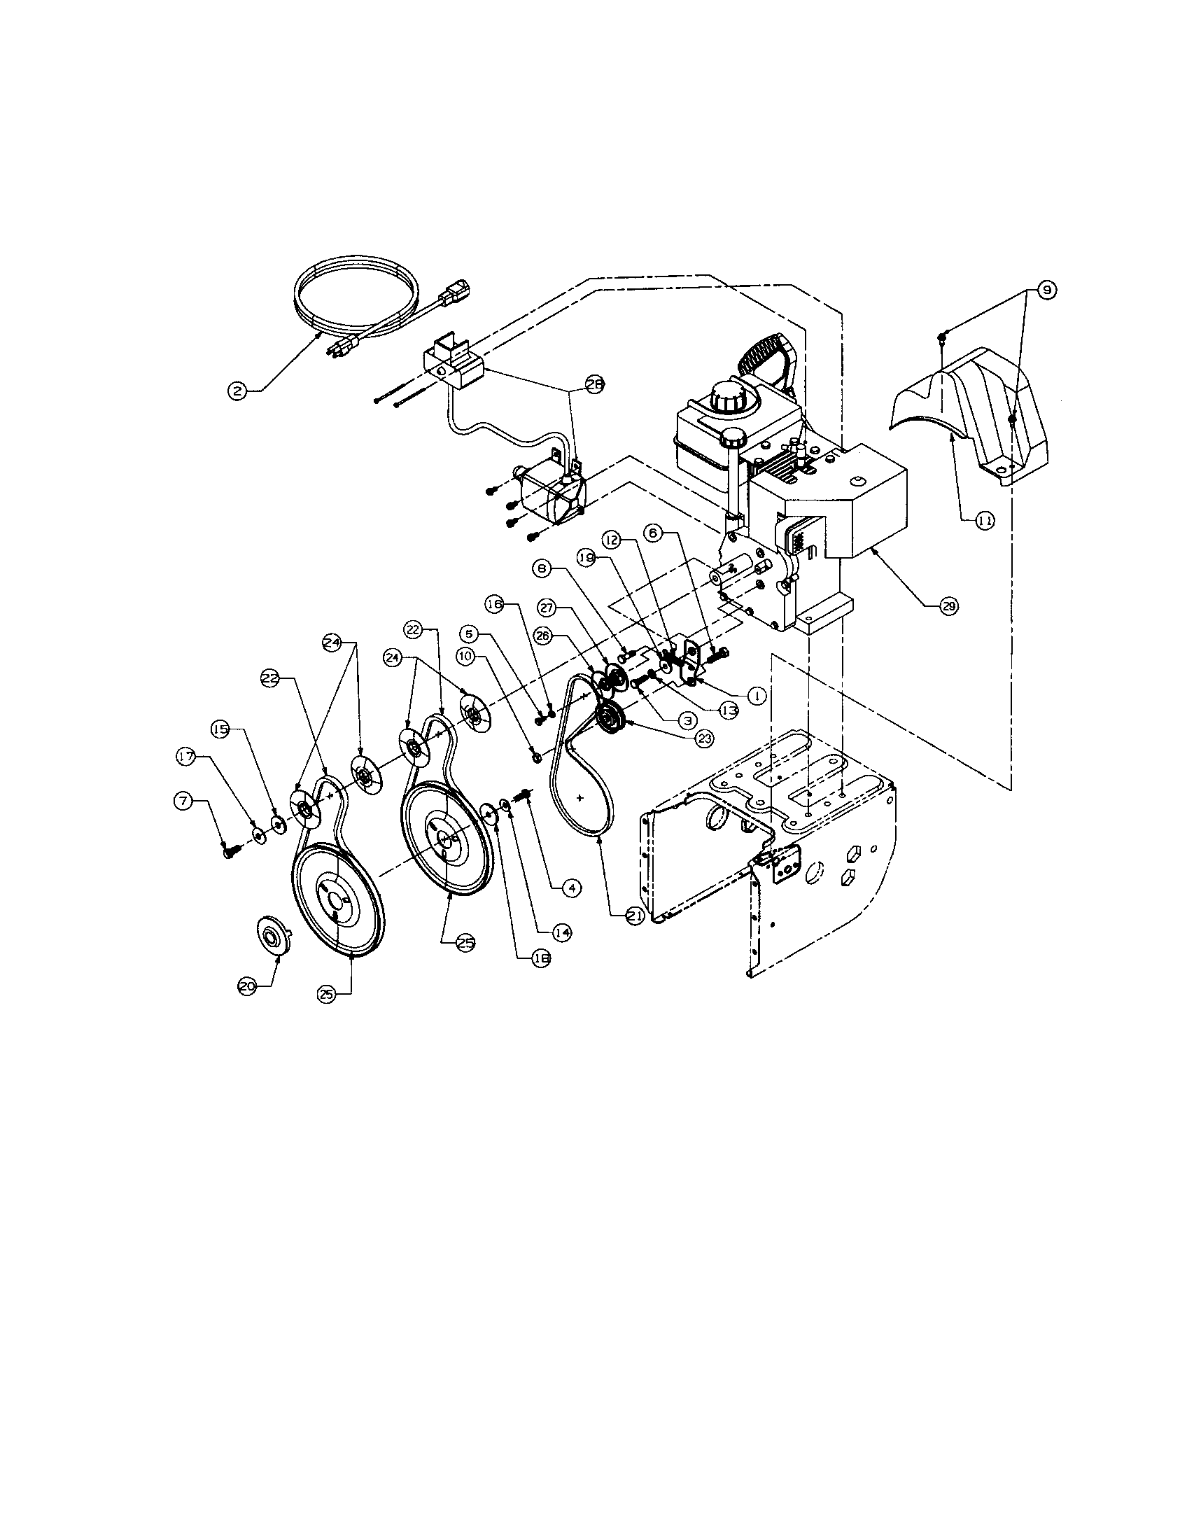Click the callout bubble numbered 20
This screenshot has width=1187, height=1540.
click(x=248, y=988)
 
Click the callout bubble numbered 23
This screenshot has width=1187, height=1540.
click(x=703, y=738)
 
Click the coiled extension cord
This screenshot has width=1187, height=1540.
click(x=356, y=296)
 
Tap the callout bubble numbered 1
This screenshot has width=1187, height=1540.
click(x=756, y=695)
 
